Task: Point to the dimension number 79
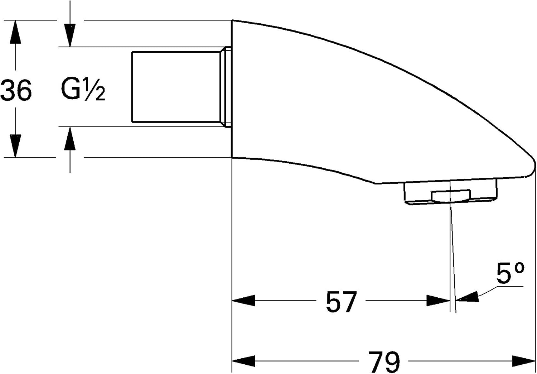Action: tap(384, 361)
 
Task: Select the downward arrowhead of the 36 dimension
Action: tap(15, 146)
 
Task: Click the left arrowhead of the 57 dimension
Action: tap(243, 300)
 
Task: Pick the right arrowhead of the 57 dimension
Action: tap(438, 300)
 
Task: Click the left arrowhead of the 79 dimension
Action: tap(243, 361)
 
